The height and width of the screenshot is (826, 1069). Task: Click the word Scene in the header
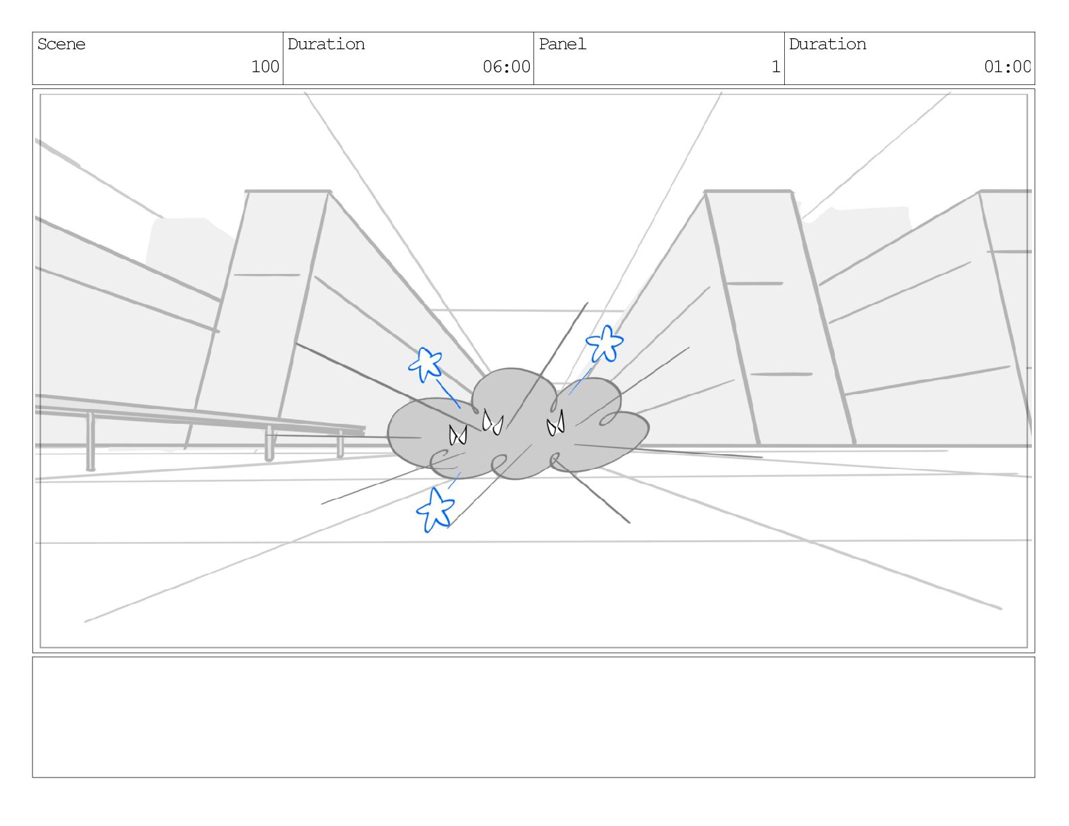[61, 45]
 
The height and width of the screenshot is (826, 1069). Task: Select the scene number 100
[265, 67]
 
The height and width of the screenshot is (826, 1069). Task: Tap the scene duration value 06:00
[506, 67]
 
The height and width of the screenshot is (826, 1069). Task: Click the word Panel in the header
[562, 45]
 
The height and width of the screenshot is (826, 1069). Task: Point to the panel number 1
[775, 67]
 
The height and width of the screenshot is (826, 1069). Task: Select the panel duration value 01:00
[1006, 67]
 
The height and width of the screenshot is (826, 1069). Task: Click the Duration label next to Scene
[326, 45]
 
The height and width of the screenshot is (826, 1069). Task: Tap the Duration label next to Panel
[827, 45]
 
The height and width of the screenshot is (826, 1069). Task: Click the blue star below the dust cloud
[435, 510]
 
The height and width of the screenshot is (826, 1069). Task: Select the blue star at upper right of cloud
[604, 343]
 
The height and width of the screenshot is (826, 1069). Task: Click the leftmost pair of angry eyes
[458, 435]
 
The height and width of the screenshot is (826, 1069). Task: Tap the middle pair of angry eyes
[493, 423]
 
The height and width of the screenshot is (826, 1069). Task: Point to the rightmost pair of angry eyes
[555, 424]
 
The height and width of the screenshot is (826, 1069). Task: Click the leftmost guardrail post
[90, 442]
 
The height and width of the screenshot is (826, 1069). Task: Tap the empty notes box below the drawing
[533, 717]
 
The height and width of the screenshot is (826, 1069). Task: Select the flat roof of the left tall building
[287, 192]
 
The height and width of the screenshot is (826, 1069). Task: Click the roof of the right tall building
[747, 192]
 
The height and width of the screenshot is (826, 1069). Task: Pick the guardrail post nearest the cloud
[340, 444]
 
